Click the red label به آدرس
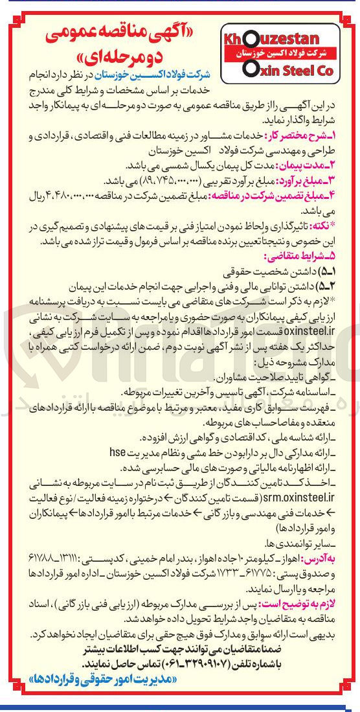coord(341,557)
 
